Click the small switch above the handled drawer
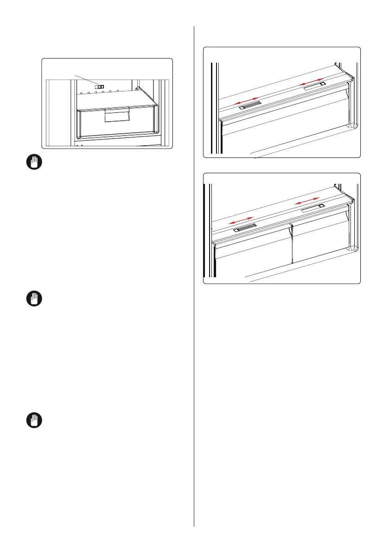(x=99, y=86)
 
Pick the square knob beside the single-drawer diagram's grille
(x=242, y=107)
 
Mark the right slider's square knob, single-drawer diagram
(x=322, y=85)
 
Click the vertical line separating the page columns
(x=194, y=279)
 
